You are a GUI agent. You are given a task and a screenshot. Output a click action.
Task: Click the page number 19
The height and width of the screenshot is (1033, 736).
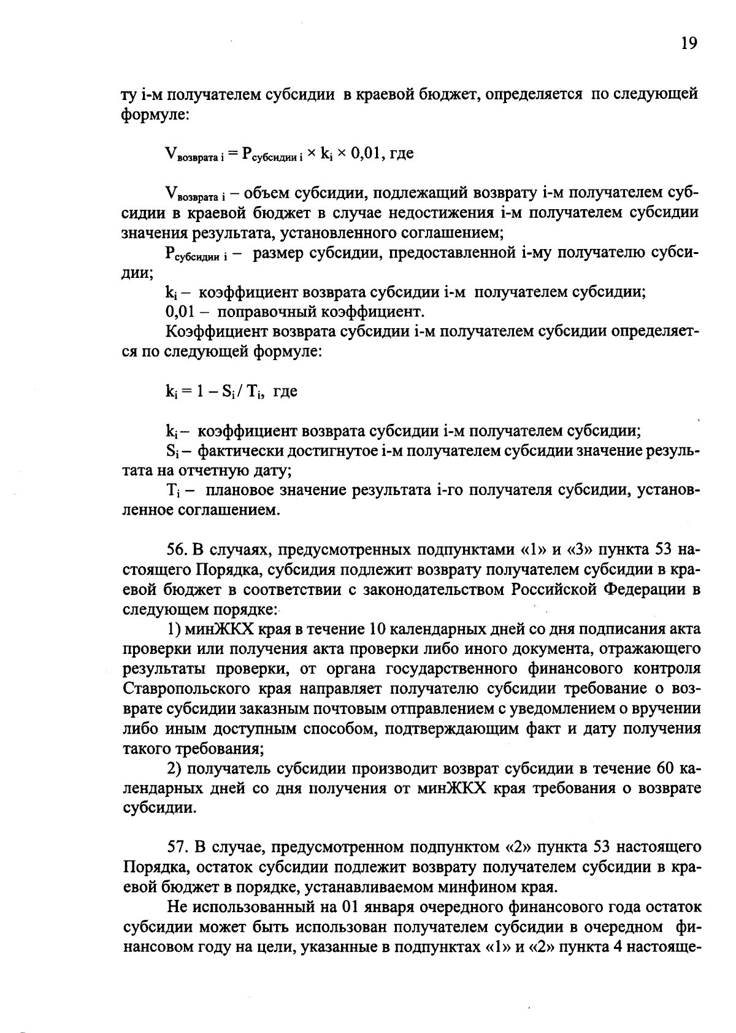tap(689, 43)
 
